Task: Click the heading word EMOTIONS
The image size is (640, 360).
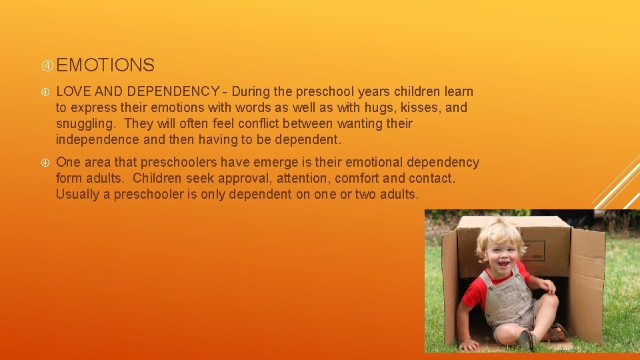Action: (x=105, y=65)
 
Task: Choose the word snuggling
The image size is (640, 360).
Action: (x=85, y=123)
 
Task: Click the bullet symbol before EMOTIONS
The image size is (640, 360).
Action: (x=47, y=65)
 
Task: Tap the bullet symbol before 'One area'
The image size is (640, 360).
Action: (x=47, y=162)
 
